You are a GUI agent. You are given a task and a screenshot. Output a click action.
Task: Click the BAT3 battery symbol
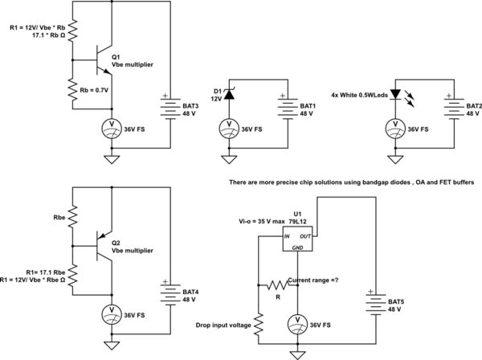(170, 108)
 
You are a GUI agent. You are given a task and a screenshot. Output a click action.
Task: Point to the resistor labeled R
(278, 285)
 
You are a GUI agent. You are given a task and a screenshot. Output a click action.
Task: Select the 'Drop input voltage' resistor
(259, 325)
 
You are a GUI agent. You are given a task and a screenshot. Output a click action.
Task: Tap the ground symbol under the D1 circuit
(228, 159)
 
